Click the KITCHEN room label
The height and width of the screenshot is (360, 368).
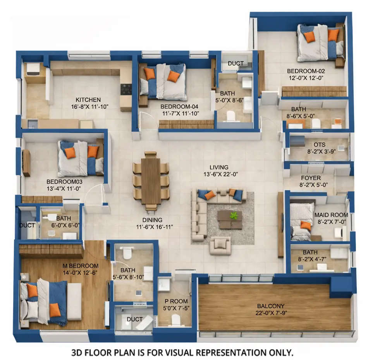coord(88,100)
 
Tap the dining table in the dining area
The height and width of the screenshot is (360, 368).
coord(151,181)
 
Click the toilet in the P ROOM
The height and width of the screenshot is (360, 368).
coord(175,320)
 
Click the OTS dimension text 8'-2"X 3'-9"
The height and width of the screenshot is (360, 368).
coord(320,152)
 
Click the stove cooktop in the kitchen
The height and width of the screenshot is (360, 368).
coord(126,89)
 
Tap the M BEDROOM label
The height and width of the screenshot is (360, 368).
coord(81,266)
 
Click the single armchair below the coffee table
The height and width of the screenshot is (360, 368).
coord(220,246)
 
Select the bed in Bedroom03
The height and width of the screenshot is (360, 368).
coord(81,158)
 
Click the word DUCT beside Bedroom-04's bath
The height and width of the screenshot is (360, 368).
coord(236,64)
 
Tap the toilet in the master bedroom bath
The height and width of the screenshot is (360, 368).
coord(127,253)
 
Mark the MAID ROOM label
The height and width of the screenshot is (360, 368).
coord(331,215)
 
